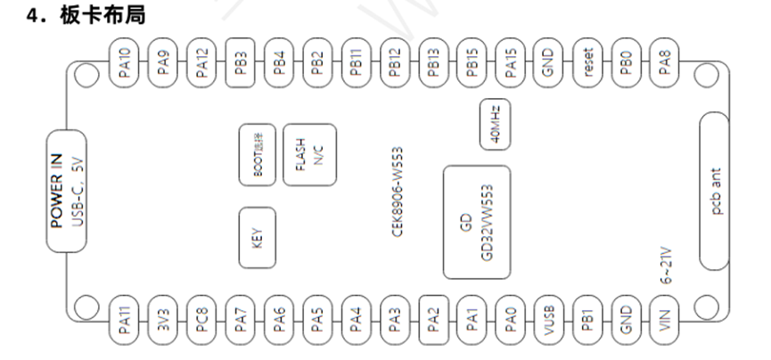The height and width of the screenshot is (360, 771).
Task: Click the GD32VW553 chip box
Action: coord(477,221)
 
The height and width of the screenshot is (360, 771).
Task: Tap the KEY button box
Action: coord(257,237)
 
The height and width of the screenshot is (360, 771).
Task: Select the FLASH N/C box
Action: coord(305,155)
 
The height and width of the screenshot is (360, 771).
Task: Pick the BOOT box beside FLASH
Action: coord(257,155)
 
